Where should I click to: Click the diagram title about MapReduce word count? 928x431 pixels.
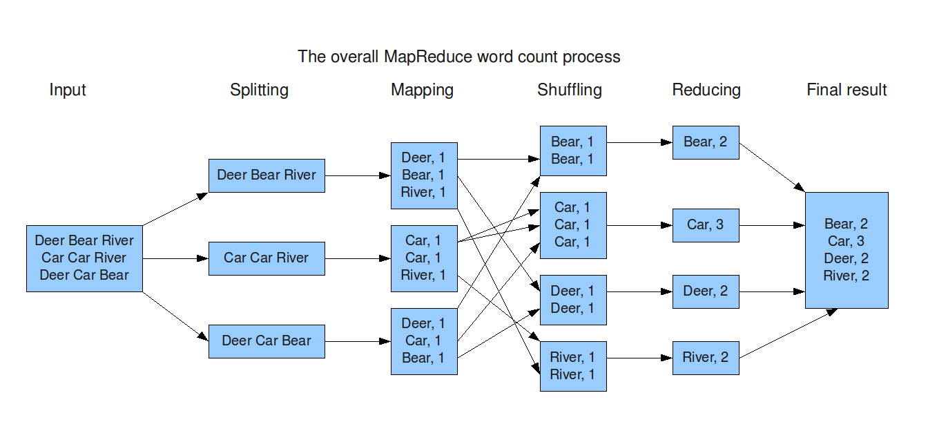click(x=458, y=56)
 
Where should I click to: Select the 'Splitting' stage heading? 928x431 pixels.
click(x=259, y=90)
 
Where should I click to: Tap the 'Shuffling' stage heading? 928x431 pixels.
click(x=569, y=90)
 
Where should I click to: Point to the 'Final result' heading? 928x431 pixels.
click(x=846, y=90)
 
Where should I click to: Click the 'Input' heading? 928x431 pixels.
click(x=68, y=90)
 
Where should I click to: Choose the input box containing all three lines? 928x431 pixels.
click(x=84, y=258)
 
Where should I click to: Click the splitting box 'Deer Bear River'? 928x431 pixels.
click(x=267, y=175)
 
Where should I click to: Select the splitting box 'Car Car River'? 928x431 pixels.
click(x=267, y=258)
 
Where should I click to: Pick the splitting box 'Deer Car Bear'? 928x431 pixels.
click(x=267, y=341)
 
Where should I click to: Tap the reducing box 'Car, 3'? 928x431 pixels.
click(x=706, y=224)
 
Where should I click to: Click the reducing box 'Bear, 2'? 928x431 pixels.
click(x=706, y=142)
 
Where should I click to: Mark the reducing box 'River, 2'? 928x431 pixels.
click(x=706, y=358)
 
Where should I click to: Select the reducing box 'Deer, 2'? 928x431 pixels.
click(x=706, y=291)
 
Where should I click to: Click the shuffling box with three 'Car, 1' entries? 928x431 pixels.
click(x=572, y=225)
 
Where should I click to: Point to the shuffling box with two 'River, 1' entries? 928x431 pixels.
click(x=572, y=366)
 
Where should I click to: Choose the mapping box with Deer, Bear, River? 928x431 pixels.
click(x=424, y=175)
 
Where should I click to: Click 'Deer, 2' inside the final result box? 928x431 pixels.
click(x=846, y=258)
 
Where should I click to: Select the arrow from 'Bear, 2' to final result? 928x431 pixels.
click(x=772, y=168)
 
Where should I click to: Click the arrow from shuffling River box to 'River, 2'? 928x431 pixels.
click(x=639, y=358)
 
